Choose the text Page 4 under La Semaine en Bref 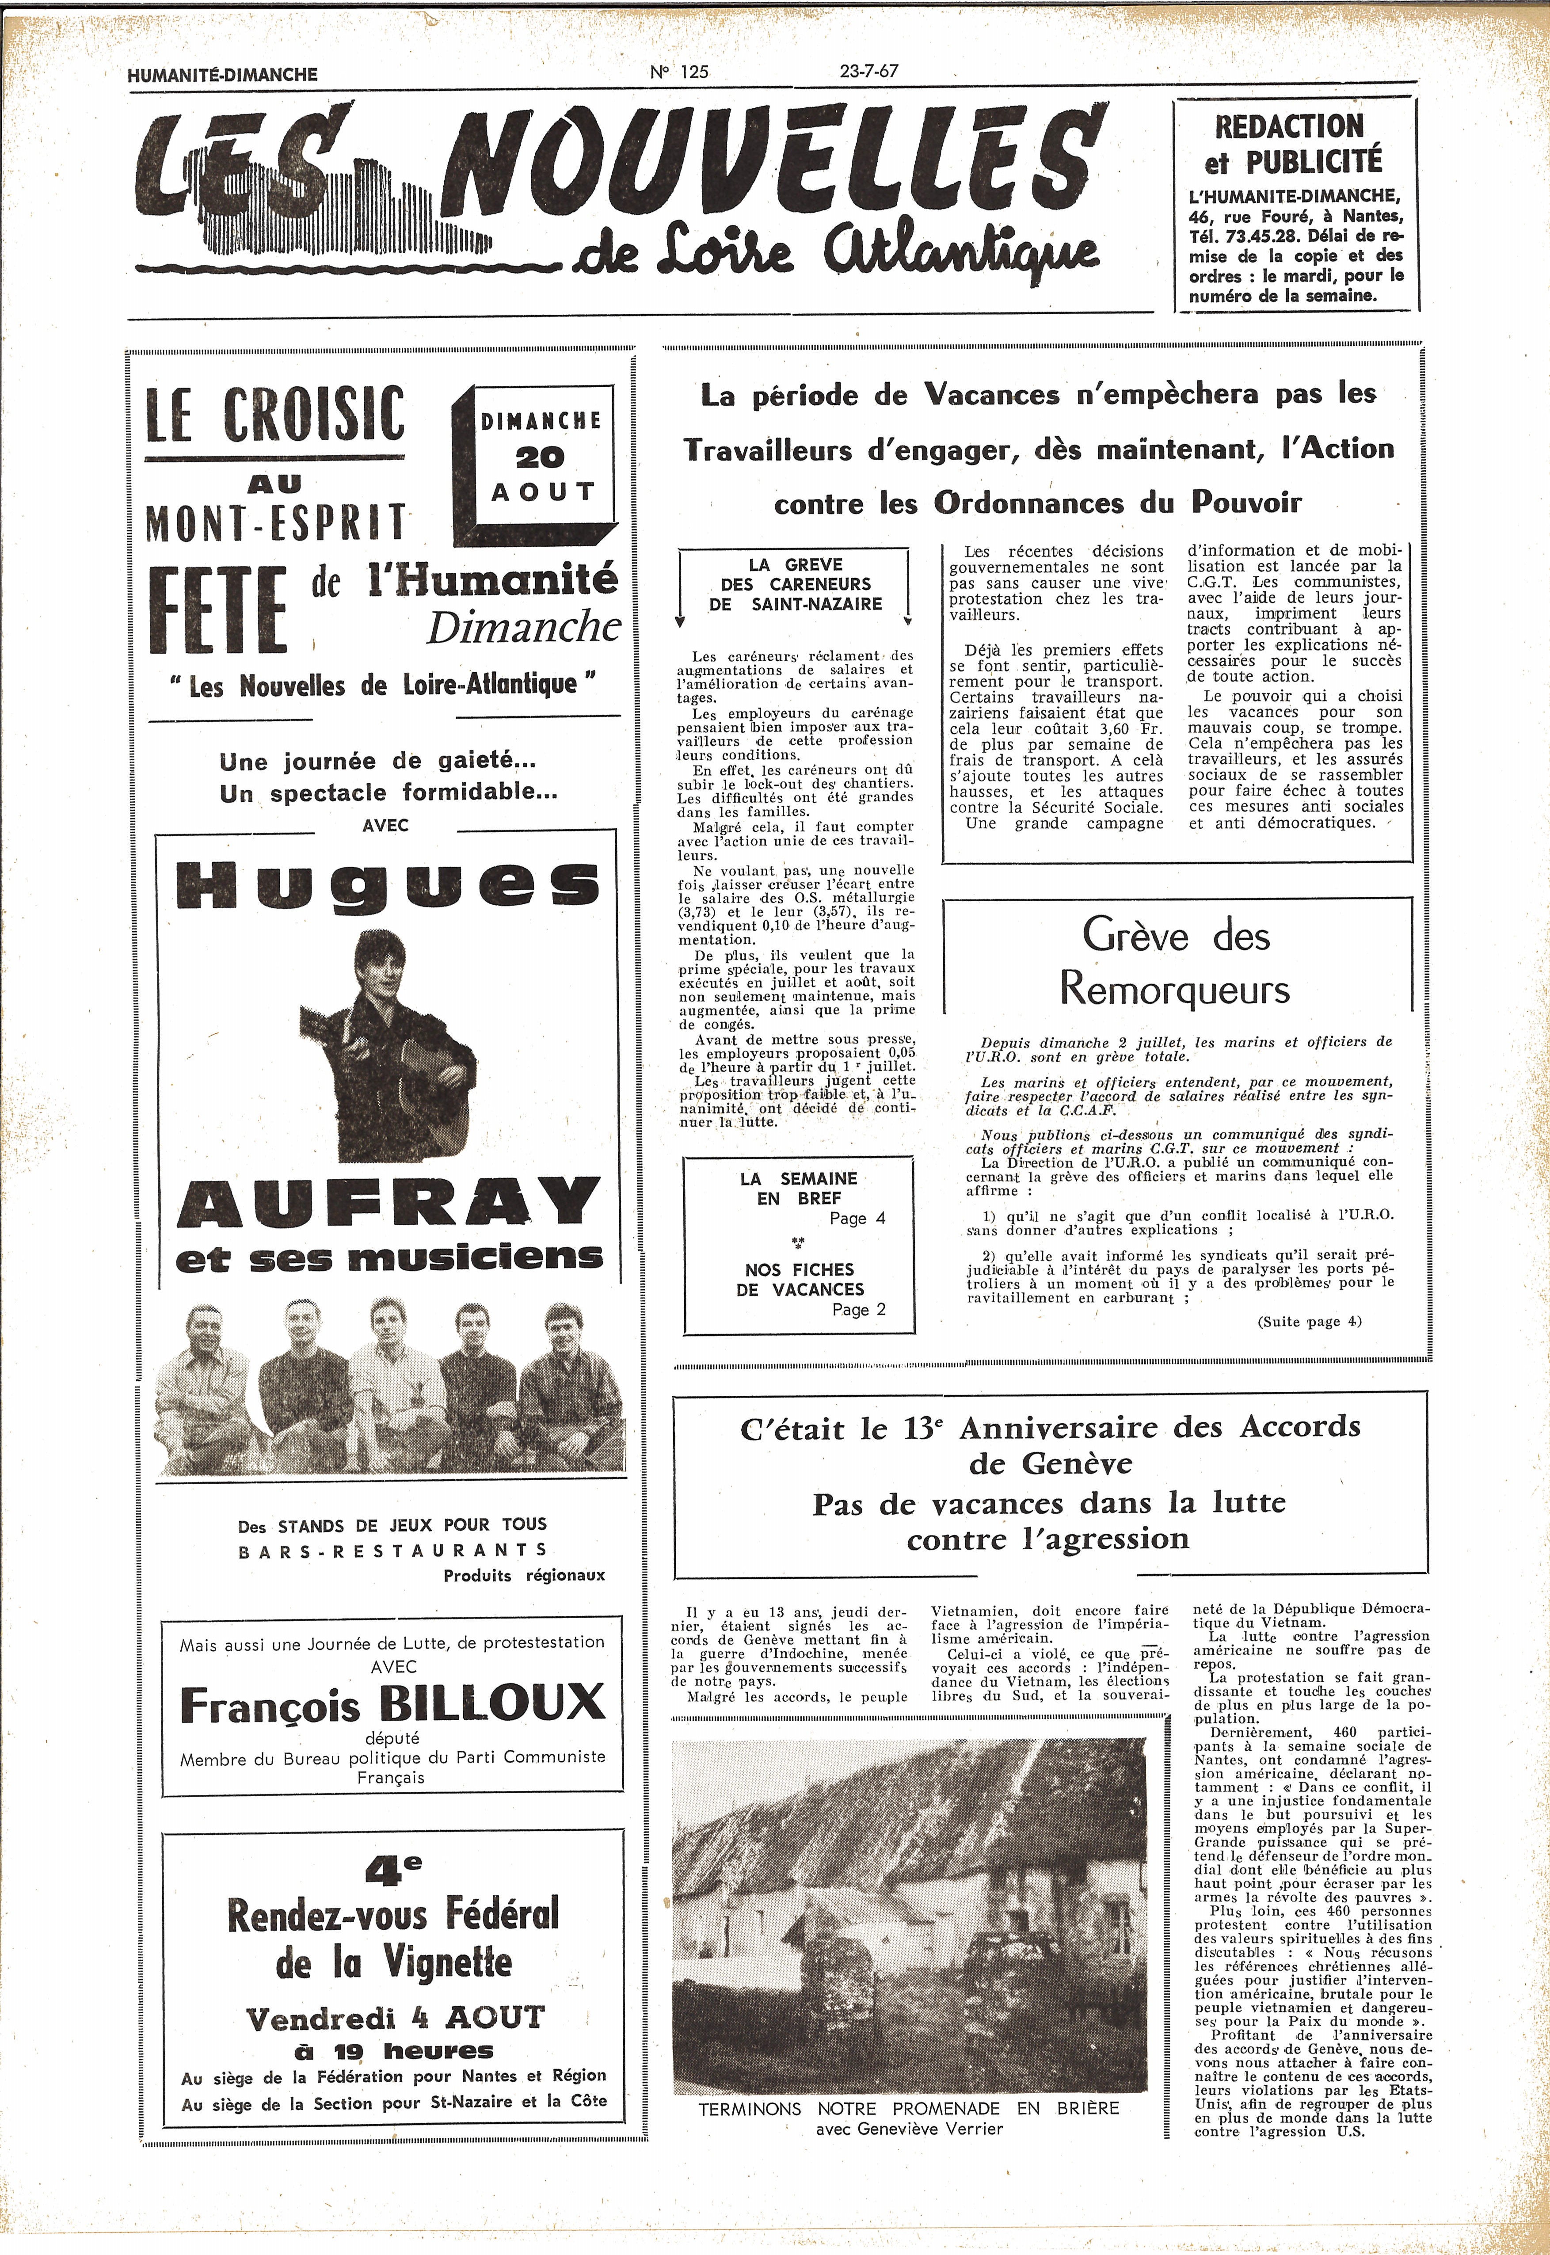pos(857,1218)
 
